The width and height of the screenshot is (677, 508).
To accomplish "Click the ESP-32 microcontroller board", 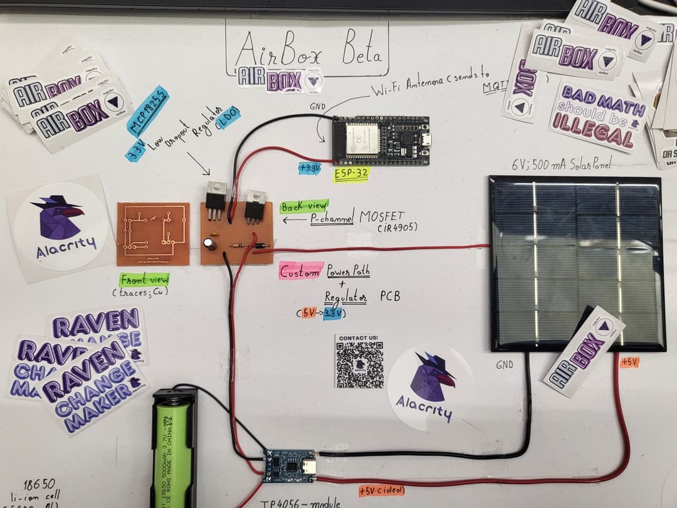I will click(380, 140).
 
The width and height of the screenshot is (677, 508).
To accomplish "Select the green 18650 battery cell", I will click(171, 455).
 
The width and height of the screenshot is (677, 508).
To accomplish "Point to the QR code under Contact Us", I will click(359, 365).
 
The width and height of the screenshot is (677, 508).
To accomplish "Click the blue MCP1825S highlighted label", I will click(148, 111).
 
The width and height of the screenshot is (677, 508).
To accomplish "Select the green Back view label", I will click(300, 206).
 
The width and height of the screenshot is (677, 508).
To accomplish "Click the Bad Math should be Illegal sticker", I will click(598, 116).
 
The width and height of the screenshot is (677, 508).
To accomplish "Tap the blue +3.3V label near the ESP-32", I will click(310, 167).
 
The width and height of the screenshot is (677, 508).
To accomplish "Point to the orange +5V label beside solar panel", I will click(629, 362).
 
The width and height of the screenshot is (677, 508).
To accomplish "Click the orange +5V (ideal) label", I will click(382, 490).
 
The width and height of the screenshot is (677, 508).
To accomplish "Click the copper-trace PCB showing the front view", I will click(153, 233).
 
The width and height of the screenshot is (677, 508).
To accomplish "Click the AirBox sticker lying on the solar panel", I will click(584, 351).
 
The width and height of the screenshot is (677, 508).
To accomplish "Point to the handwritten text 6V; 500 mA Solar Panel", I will click(561, 164).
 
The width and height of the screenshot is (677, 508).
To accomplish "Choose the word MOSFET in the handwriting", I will click(383, 217).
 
